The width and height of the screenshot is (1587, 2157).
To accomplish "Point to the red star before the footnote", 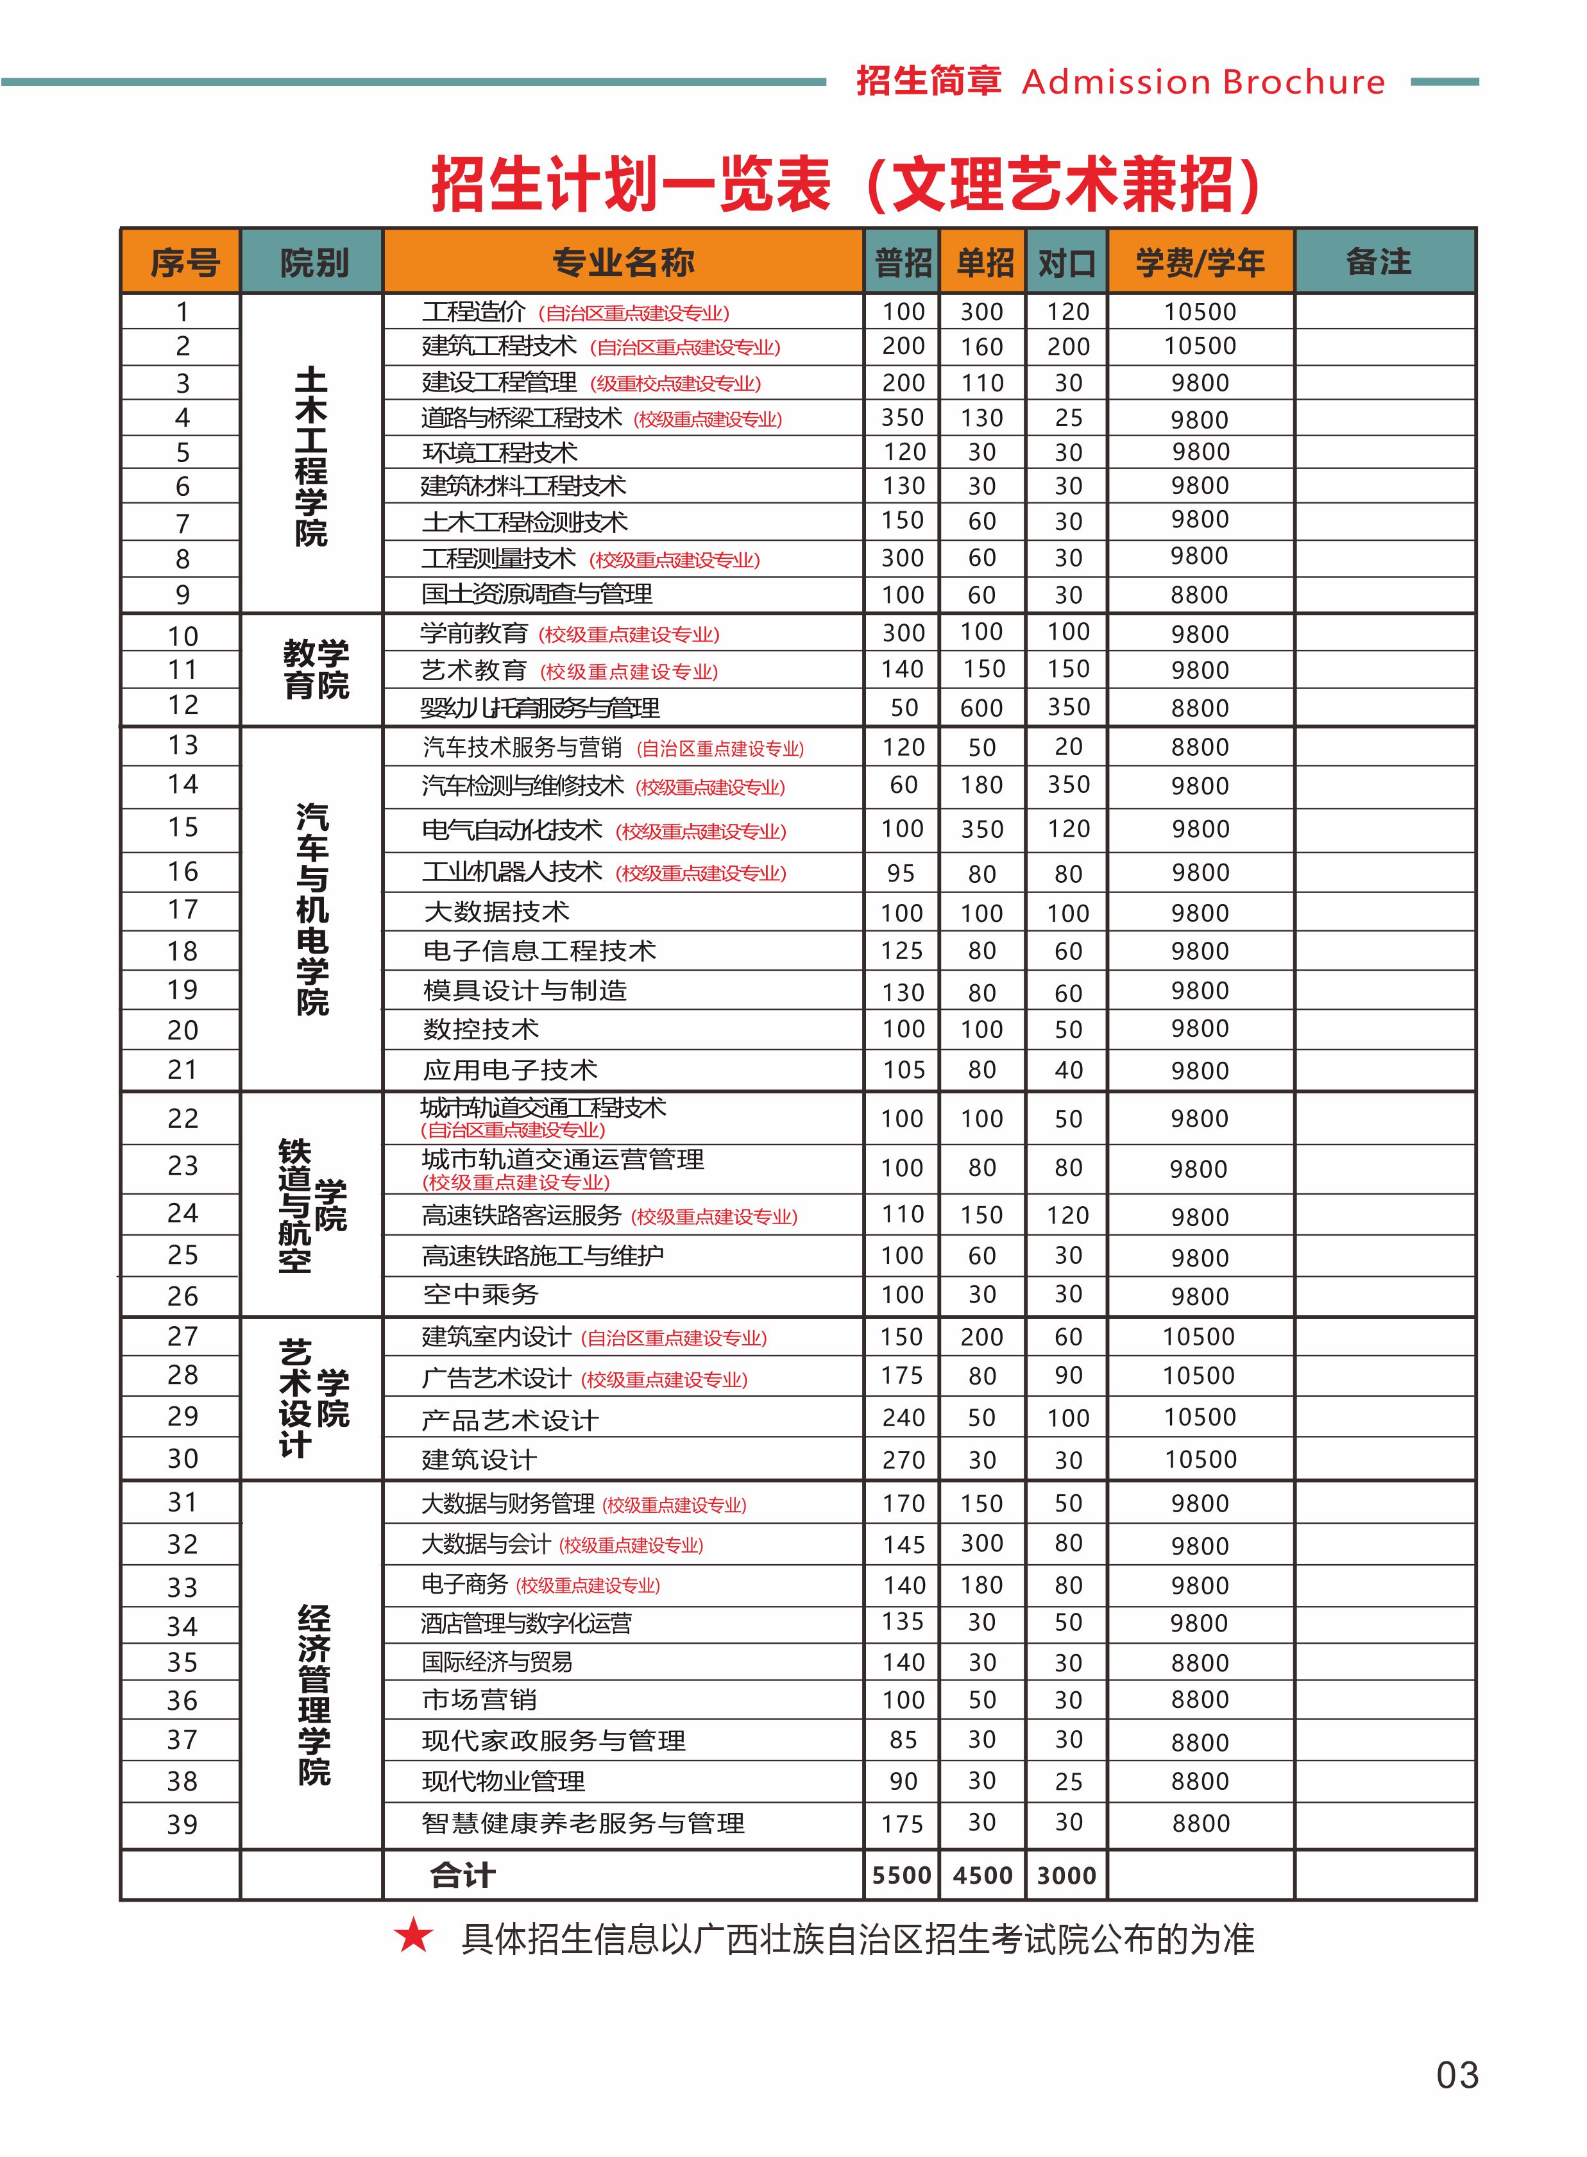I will pos(414,1935).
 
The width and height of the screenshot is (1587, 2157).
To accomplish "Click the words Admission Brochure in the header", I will pos(1203,83).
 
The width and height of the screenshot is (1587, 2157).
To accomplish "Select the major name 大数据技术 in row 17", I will pos(496,911).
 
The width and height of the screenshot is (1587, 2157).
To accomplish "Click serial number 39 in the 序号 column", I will pos(183,1823).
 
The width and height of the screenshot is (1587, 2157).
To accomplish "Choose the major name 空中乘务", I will pos(480,1294).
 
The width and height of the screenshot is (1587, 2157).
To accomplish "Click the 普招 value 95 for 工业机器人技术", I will pos(901,873).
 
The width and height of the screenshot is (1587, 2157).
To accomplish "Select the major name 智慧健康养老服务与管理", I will pos(582,1823).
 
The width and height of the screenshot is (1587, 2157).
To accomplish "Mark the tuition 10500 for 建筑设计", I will pos(1200,1458).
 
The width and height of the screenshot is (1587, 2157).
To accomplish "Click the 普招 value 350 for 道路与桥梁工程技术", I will pos(903,418).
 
